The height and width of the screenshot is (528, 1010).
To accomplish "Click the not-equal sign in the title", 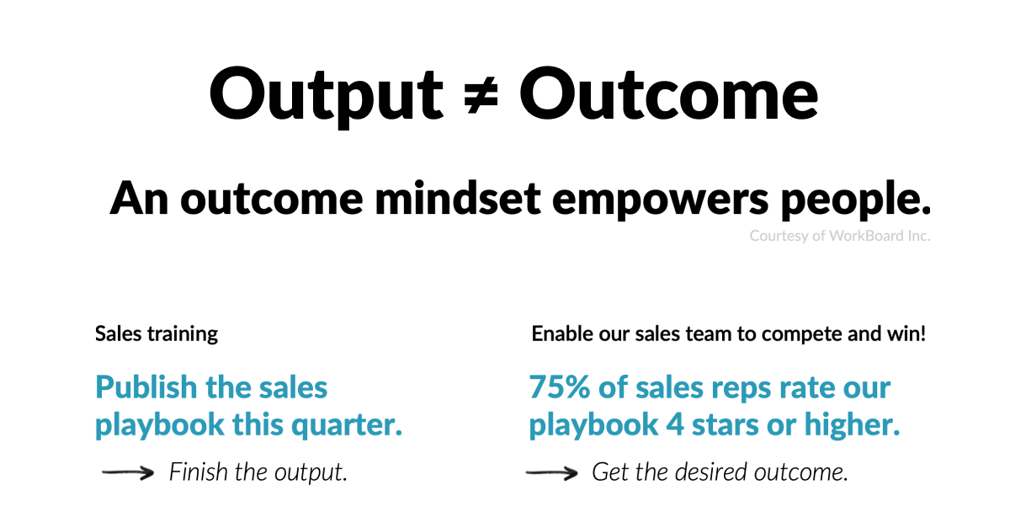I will (480, 93).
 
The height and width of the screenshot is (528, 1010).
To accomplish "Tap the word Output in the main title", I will (326, 93).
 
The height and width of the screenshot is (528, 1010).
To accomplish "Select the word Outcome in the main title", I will (668, 93).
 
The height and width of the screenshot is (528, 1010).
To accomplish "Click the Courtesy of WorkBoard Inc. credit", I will (839, 236).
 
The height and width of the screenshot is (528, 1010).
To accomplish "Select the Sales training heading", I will (157, 333).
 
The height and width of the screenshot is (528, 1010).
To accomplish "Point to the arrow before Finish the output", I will (128, 473).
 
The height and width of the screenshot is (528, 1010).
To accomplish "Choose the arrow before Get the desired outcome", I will (551, 473).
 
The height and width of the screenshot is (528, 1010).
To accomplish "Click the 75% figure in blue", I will (559, 388).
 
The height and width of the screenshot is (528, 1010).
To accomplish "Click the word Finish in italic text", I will (199, 472).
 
